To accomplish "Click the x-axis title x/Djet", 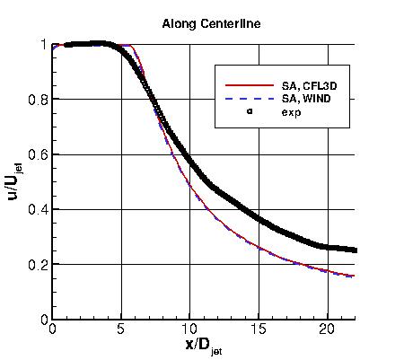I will click(x=202, y=344).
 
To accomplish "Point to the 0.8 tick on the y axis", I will click(x=38, y=100).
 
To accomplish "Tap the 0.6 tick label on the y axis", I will click(x=38, y=154).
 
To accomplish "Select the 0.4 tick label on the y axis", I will click(x=38, y=210).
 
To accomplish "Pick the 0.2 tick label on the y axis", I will click(x=38, y=265).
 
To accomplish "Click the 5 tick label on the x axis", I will click(x=120, y=329).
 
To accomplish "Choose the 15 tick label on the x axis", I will click(x=258, y=329).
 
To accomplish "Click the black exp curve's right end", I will click(x=354, y=250).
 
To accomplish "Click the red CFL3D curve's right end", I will click(x=354, y=276).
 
